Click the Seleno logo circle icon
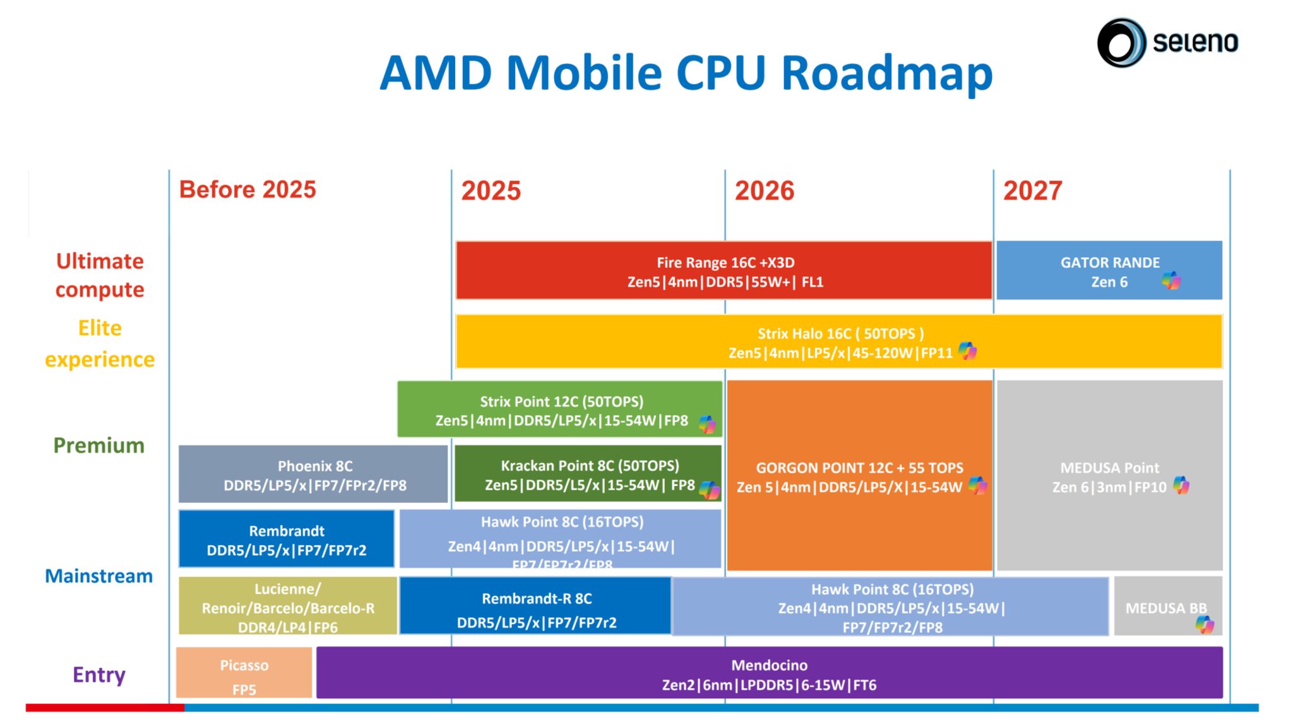(1121, 42)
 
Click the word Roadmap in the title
(886, 73)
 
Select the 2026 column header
(764, 190)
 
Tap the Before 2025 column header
(247, 190)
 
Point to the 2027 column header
(1032, 190)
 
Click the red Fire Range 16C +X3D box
(724, 271)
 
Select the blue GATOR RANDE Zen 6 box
(1109, 271)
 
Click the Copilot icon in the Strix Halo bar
(967, 351)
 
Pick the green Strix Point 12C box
(559, 410)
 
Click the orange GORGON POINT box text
(859, 477)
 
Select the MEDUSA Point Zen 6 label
(1109, 477)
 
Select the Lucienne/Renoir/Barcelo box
(287, 607)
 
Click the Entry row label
(98, 675)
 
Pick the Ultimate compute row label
(100, 275)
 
